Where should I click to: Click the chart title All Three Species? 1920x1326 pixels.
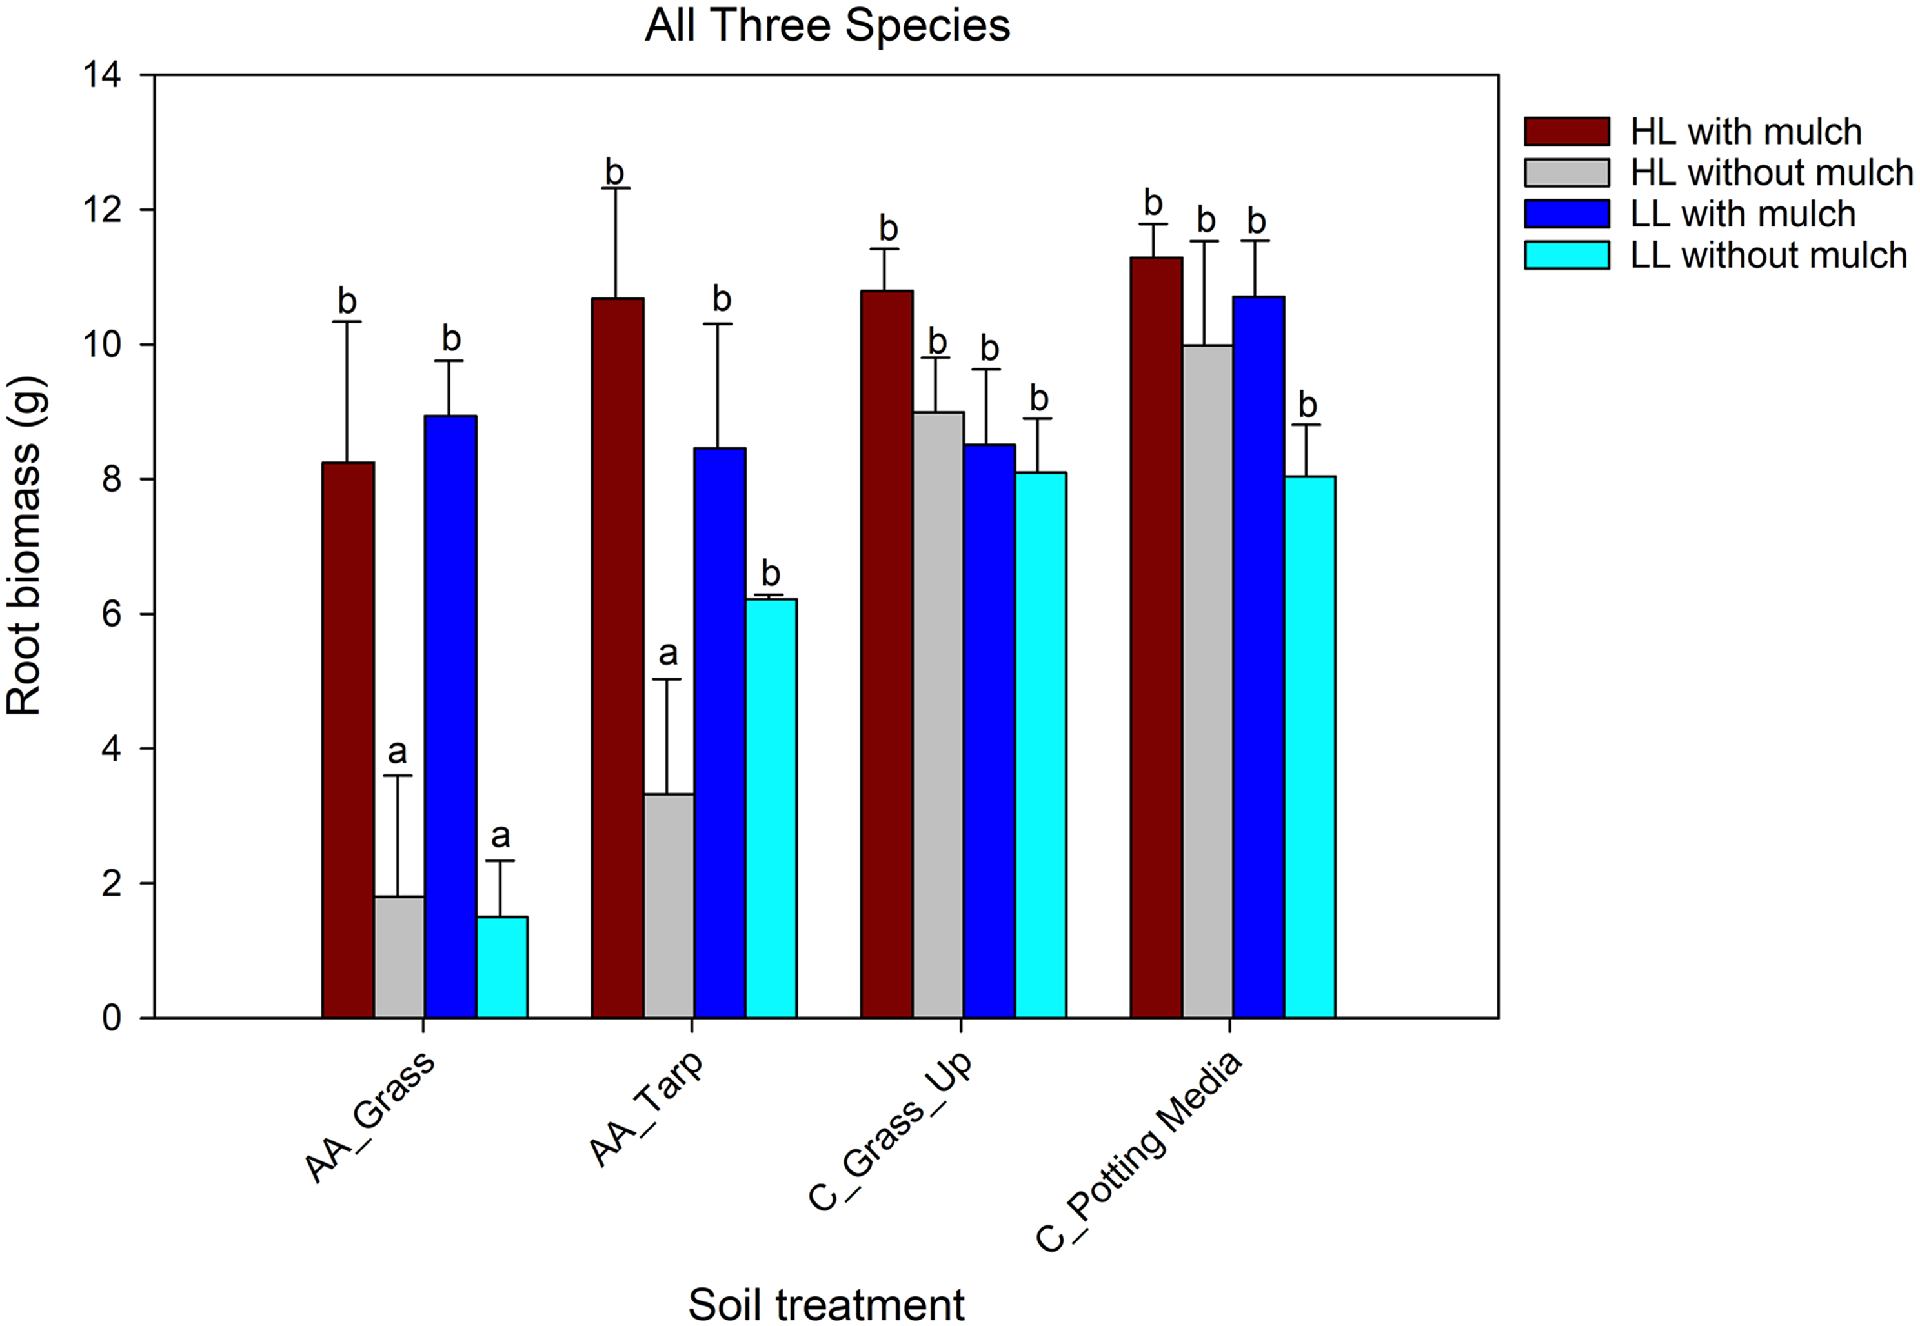pyautogui.click(x=827, y=26)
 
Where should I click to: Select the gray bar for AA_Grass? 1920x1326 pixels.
pyautogui.click(x=399, y=956)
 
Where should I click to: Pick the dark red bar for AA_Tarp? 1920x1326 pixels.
pyautogui.click(x=616, y=657)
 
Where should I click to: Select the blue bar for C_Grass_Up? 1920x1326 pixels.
pyautogui.click(x=989, y=730)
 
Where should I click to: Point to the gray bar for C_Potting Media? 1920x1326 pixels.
pyautogui.click(x=1206, y=681)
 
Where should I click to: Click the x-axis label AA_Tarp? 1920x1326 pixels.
pyautogui.click(x=647, y=1109)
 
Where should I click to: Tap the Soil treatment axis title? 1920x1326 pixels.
pyautogui.click(x=826, y=1303)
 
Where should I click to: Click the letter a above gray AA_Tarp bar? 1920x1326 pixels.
pyautogui.click(x=667, y=654)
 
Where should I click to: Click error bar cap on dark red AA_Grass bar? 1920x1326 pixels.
pyautogui.click(x=347, y=321)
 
